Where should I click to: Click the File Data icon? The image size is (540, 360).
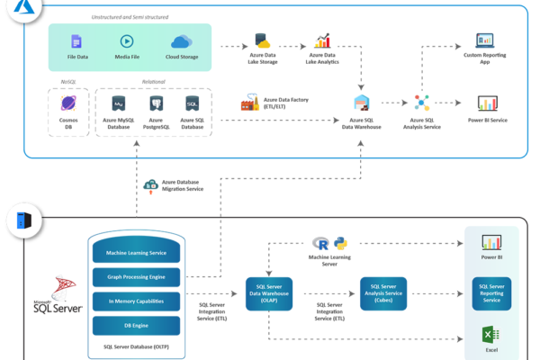pyautogui.click(x=76, y=41)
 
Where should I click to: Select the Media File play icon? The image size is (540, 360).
pyautogui.click(x=128, y=41)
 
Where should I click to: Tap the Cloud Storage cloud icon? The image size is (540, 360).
pyautogui.click(x=182, y=41)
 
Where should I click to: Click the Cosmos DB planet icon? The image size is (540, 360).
pyautogui.click(x=68, y=104)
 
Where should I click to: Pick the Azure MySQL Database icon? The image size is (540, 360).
pyautogui.click(x=118, y=104)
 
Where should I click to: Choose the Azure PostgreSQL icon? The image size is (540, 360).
pyautogui.click(x=156, y=104)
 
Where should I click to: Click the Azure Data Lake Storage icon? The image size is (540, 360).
pyautogui.click(x=263, y=40)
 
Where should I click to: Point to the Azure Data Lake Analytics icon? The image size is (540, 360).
pyautogui.click(x=322, y=40)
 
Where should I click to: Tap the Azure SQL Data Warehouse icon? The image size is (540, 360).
pyautogui.click(x=362, y=103)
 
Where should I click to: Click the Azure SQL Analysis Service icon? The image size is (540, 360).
pyautogui.click(x=422, y=103)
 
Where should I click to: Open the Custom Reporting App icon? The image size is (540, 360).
pyautogui.click(x=485, y=40)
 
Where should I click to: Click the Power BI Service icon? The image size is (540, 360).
pyautogui.click(x=488, y=103)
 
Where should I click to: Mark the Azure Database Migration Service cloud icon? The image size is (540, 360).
pyautogui.click(x=151, y=184)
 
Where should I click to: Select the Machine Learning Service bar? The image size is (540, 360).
pyautogui.click(x=136, y=254)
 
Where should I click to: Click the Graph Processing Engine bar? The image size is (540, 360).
pyautogui.click(x=136, y=277)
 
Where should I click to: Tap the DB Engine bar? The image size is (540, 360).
pyautogui.click(x=136, y=325)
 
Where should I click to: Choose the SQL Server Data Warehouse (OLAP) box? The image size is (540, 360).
pyautogui.click(x=269, y=293)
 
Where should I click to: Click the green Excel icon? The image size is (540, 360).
pyautogui.click(x=491, y=335)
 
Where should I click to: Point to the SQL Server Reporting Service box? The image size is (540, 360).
pyautogui.click(x=491, y=293)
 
